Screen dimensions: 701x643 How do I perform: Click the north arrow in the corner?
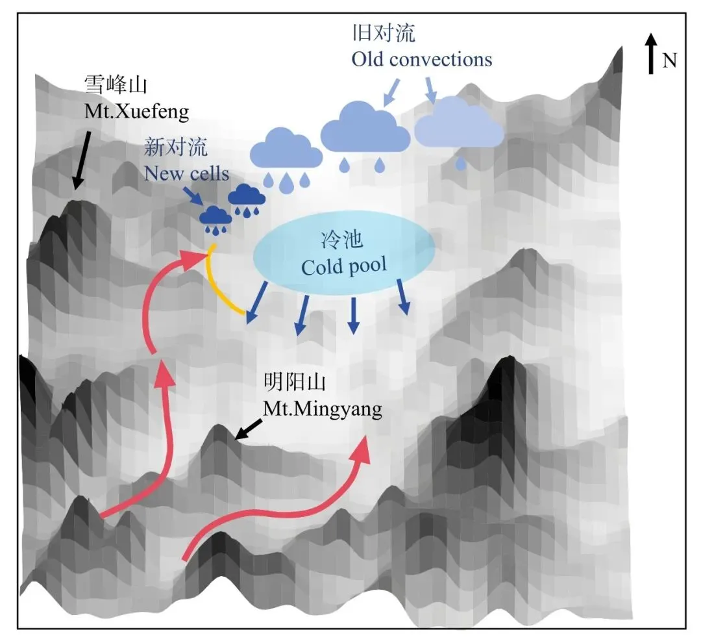tap(652, 54)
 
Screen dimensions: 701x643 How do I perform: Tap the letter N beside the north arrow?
tap(669, 60)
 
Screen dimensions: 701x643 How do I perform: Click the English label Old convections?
tap(422, 60)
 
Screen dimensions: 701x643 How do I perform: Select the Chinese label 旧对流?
tap(384, 32)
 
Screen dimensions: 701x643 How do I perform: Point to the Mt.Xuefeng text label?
tap(137, 112)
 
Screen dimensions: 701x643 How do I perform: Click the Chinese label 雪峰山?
tap(116, 84)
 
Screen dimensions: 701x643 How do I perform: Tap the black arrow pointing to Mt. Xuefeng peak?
tap(82, 160)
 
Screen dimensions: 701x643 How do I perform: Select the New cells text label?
tap(186, 173)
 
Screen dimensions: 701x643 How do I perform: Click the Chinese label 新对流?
tap(176, 147)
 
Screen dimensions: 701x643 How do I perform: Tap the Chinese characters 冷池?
tap(341, 240)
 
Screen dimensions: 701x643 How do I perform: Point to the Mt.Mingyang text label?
tap(323, 409)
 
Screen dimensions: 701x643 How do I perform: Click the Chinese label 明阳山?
tap(295, 382)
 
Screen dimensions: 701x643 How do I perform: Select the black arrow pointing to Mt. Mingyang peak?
tap(249, 429)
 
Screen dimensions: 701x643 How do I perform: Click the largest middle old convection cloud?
tap(365, 127)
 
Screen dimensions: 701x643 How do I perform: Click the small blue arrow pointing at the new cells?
tap(193, 196)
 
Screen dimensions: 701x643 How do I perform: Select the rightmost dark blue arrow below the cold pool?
tap(403, 297)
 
